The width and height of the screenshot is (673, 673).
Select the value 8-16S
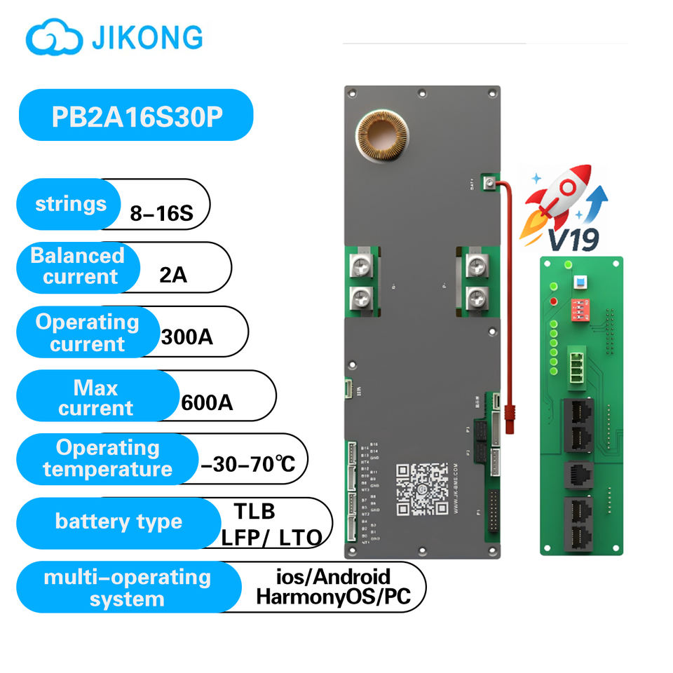coord(161,213)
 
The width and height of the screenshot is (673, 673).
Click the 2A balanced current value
coord(173,275)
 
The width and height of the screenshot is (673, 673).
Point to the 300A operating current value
coord(186,337)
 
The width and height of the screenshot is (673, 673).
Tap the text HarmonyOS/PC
coord(332,598)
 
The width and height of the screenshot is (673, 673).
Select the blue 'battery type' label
coord(118,522)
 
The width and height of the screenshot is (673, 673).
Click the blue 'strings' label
coord(71,204)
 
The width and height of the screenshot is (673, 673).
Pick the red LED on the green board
coord(554,301)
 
